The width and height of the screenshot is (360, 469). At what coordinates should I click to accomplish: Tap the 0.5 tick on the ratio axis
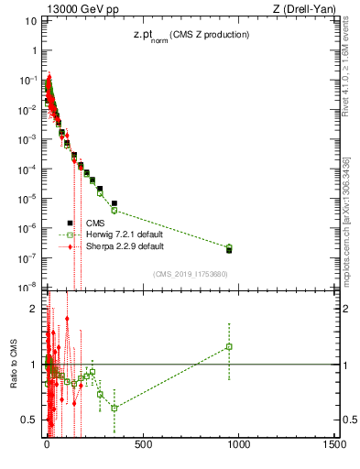click(31, 420)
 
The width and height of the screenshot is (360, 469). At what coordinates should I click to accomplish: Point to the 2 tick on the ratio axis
click(35, 308)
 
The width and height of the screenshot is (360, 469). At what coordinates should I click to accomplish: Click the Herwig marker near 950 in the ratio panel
click(229, 346)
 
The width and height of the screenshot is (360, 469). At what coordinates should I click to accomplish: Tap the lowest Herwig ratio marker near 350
click(115, 408)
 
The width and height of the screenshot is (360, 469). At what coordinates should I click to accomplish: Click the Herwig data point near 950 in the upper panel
click(229, 247)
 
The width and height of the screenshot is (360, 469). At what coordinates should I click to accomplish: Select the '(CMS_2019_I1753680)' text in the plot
click(190, 274)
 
